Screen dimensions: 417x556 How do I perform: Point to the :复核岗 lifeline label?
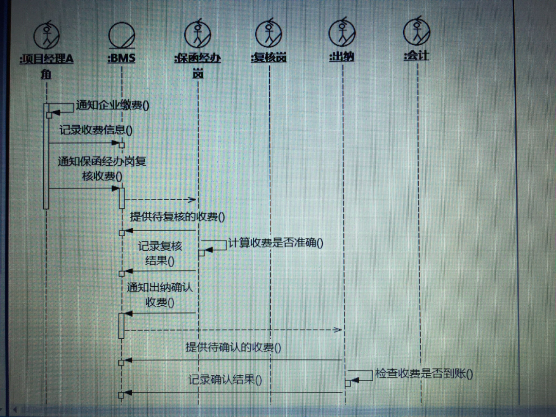point(269,57)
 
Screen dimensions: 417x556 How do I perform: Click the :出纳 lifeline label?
point(342,56)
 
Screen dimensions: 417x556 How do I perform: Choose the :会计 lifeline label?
point(416,55)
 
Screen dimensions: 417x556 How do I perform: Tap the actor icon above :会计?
point(416,32)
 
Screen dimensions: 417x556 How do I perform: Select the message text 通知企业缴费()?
point(113,106)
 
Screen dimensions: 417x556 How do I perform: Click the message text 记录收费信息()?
point(96,130)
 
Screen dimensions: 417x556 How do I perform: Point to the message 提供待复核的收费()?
point(178,217)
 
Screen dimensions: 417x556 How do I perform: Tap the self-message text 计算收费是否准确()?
point(275,242)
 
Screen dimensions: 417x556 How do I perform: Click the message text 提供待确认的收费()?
point(233,347)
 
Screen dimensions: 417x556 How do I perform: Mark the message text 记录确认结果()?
point(225,380)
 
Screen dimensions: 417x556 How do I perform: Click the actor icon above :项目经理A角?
point(46,35)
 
